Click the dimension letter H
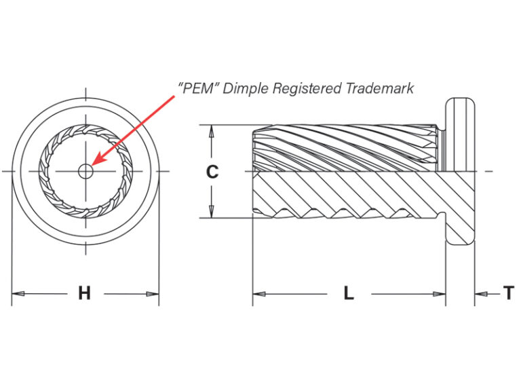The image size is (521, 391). tap(84, 293)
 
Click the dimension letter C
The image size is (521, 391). tap(212, 172)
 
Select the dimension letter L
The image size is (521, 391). tap(349, 293)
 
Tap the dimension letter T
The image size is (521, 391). tap(509, 293)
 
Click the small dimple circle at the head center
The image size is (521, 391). tap(85, 172)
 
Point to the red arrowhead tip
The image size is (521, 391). tap(91, 165)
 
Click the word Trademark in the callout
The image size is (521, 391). tap(379, 88)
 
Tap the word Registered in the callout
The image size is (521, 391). tap(307, 89)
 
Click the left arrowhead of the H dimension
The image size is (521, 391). tap(18, 294)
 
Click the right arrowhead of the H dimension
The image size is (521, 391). tap(153, 294)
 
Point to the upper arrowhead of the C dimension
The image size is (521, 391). tap(211, 132)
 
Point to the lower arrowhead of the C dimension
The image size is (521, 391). tap(211, 212)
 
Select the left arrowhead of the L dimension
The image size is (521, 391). tap(259, 294)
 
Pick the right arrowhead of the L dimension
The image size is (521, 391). tap(440, 294)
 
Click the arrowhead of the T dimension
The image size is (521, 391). tap(481, 294)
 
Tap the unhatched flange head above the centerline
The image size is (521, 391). tap(460, 134)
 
